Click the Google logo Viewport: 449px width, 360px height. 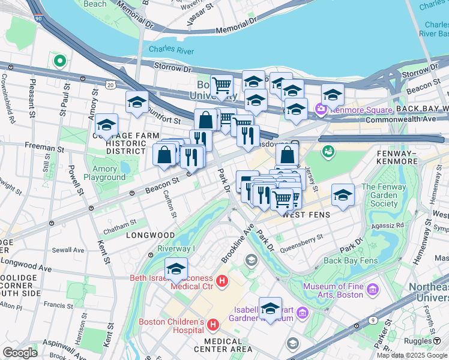click(x=20, y=353)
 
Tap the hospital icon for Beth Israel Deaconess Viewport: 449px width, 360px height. click(x=222, y=280)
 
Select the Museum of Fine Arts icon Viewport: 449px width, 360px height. click(x=373, y=290)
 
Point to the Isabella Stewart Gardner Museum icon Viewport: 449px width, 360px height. click(x=301, y=313)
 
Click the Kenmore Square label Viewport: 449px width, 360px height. click(x=360, y=110)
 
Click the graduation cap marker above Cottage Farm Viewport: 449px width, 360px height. click(x=106, y=125)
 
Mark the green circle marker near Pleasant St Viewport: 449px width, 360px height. click(x=59, y=61)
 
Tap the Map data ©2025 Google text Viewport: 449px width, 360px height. click(x=412, y=355)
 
